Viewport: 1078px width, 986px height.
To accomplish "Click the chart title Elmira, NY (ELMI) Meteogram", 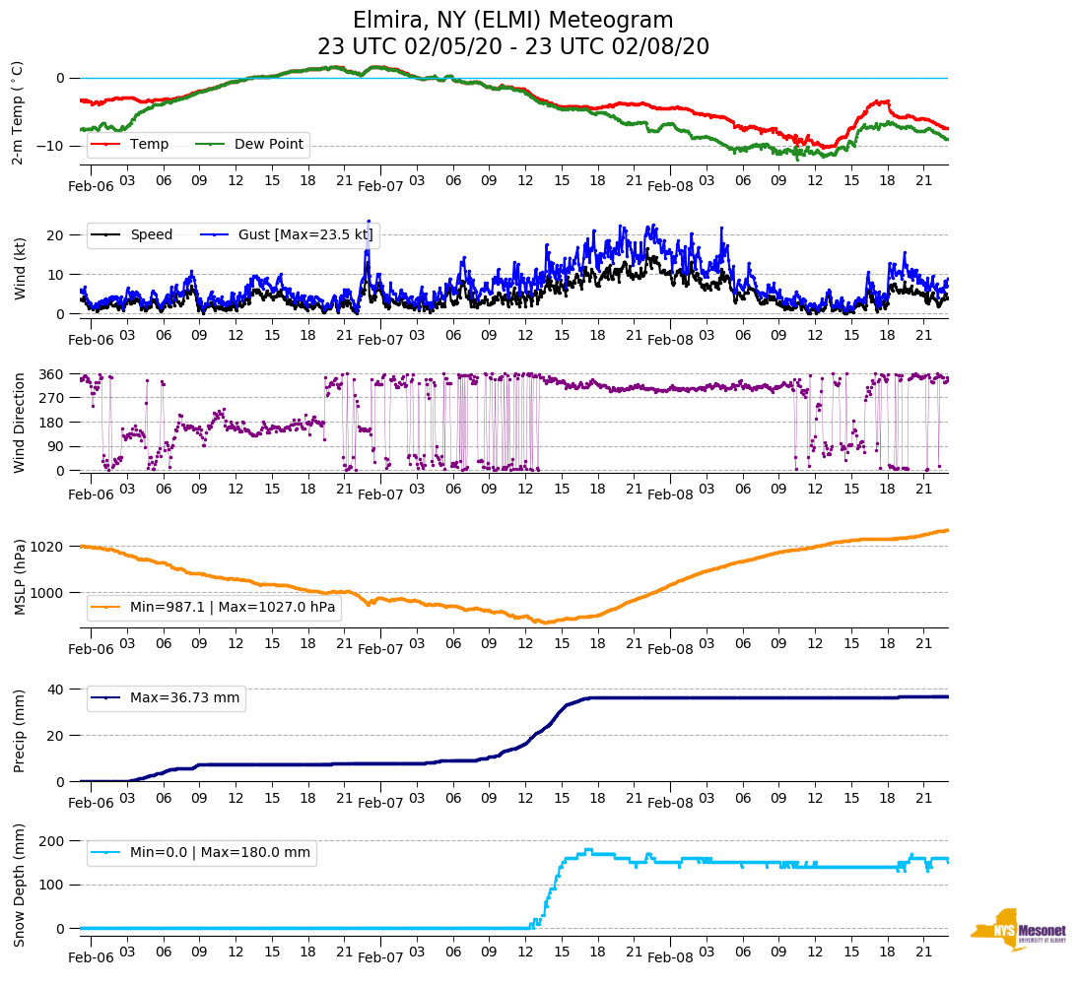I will point(512,21).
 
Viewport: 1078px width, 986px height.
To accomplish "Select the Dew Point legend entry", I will point(269,145).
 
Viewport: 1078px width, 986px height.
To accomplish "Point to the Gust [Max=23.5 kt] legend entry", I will point(287,235).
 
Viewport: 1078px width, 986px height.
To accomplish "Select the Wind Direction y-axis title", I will point(19,423).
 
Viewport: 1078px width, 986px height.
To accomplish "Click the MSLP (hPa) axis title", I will point(19,577).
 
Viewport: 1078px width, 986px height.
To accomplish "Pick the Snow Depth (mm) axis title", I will point(19,884).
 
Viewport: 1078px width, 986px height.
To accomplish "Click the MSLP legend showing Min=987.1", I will point(233,608).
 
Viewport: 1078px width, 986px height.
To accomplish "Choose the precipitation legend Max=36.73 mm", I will point(184,698).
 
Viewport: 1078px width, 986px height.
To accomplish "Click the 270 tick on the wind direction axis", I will point(52,398).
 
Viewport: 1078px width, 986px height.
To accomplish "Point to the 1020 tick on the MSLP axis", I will point(48,547).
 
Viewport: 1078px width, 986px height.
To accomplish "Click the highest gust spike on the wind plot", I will point(369,222).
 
